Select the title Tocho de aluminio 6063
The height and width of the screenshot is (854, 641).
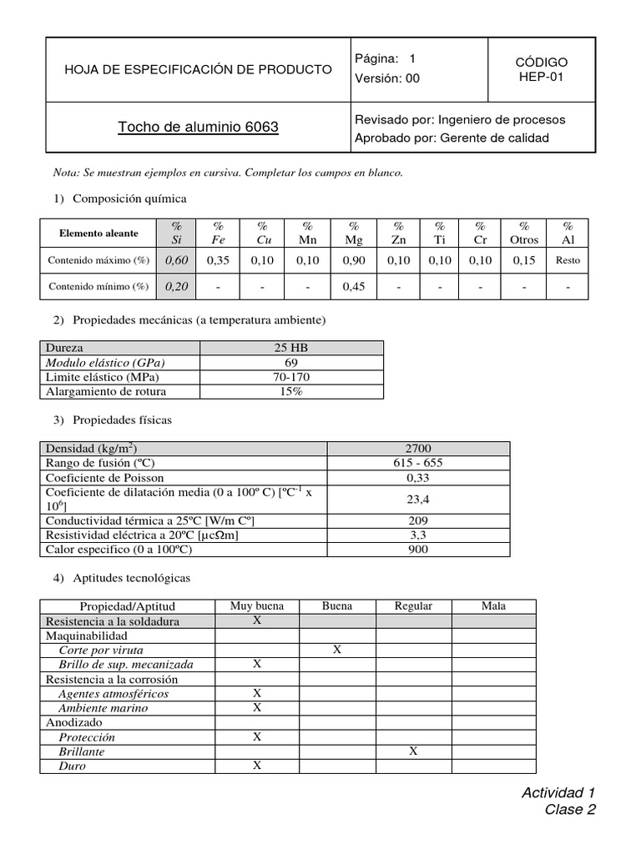tap(198, 128)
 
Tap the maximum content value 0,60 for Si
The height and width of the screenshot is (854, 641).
tap(176, 260)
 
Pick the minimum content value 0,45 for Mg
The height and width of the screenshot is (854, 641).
tap(354, 287)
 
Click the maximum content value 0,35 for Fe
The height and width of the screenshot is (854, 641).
tap(218, 260)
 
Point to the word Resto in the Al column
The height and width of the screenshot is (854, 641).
tap(568, 260)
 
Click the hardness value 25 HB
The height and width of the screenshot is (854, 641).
tap(291, 348)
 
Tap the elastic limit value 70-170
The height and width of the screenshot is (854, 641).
tap(291, 378)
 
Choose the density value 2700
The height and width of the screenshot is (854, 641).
tap(417, 449)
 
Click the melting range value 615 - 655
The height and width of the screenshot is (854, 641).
tap(417, 463)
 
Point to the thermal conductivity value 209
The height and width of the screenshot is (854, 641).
tap(417, 520)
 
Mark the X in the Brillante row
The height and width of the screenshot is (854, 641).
tap(413, 751)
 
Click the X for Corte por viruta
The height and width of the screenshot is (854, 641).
tap(337, 650)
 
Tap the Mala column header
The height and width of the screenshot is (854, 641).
tap(493, 606)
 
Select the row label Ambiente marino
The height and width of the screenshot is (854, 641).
tap(103, 708)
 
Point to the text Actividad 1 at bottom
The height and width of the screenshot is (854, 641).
tap(558, 792)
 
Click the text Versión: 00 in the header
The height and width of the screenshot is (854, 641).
tap(387, 78)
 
